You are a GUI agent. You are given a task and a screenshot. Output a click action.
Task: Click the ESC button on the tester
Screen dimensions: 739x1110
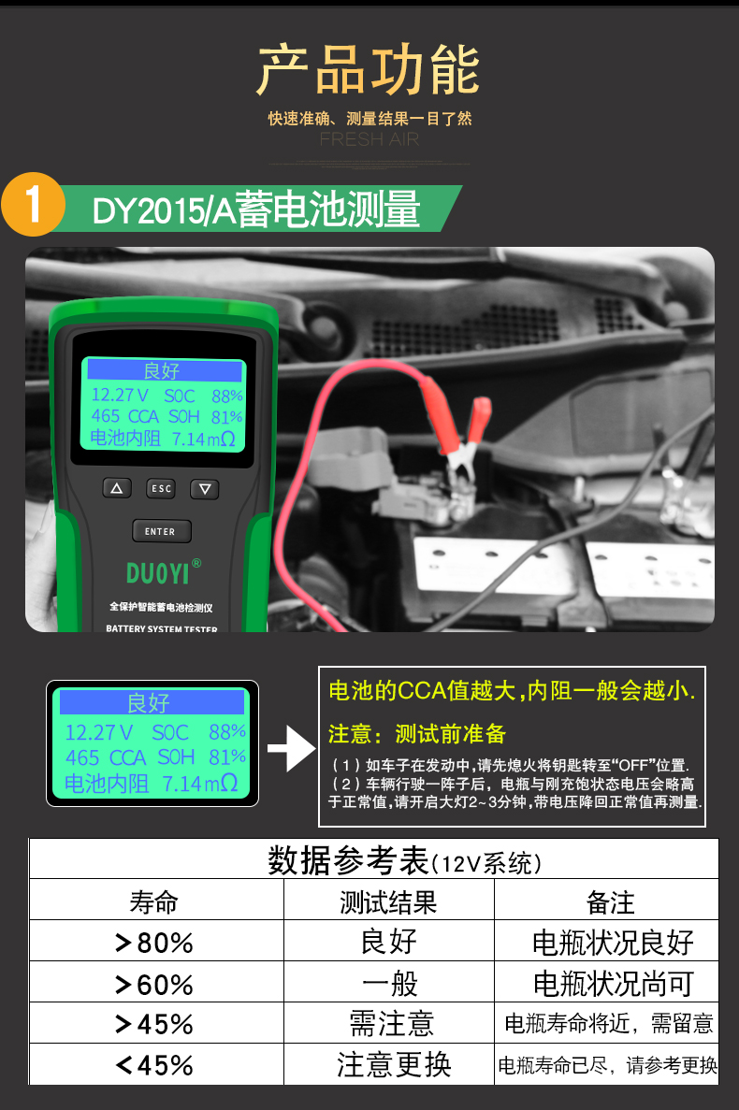click(x=162, y=488)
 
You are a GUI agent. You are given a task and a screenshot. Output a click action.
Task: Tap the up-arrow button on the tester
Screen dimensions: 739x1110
click(x=117, y=488)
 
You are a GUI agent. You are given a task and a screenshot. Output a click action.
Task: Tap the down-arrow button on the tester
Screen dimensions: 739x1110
click(x=205, y=489)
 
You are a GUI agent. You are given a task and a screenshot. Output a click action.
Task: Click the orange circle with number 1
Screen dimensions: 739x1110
click(x=34, y=205)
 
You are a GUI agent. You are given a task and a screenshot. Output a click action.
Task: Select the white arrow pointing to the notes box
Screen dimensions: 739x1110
click(x=292, y=748)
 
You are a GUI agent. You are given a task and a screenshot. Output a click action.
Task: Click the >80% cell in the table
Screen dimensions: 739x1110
click(x=155, y=942)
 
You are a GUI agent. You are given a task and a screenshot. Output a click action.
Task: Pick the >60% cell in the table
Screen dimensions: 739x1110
click(x=155, y=983)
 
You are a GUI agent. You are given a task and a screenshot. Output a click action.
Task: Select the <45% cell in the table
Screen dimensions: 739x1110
click(x=155, y=1065)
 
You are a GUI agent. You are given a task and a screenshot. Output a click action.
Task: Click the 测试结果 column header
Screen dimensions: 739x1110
click(x=388, y=901)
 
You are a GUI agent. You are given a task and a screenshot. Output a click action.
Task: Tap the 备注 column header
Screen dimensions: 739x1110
click(x=610, y=901)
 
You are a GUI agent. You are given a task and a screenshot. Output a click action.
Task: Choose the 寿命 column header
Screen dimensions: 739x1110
click(x=153, y=901)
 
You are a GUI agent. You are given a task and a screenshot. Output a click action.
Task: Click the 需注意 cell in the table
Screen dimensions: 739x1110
click(x=391, y=1024)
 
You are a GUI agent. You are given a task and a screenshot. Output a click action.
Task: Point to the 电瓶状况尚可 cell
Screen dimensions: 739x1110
click(x=613, y=983)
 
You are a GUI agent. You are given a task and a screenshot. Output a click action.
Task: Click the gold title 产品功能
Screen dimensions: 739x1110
click(x=368, y=70)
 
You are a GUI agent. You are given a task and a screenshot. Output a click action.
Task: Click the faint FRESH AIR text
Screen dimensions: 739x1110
click(x=369, y=139)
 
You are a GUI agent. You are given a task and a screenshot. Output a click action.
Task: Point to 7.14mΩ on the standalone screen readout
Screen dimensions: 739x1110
click(x=199, y=783)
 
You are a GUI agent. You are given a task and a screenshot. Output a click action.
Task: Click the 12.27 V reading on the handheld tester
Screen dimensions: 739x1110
click(x=120, y=395)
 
